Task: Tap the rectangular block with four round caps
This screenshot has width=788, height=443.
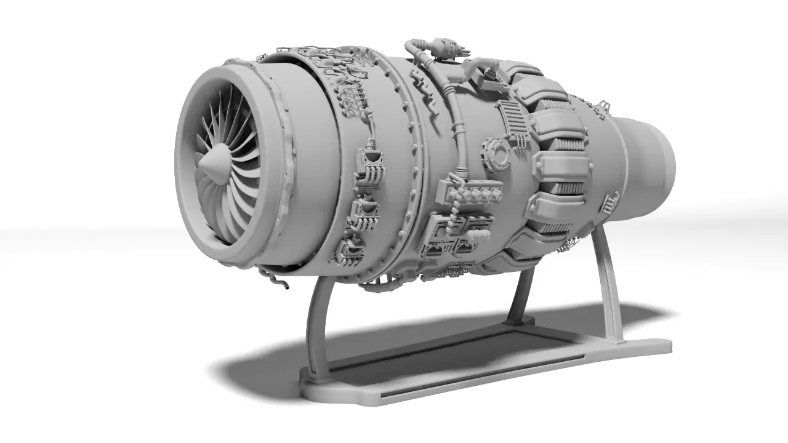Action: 469,193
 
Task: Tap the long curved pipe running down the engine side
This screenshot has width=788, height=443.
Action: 457,123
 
